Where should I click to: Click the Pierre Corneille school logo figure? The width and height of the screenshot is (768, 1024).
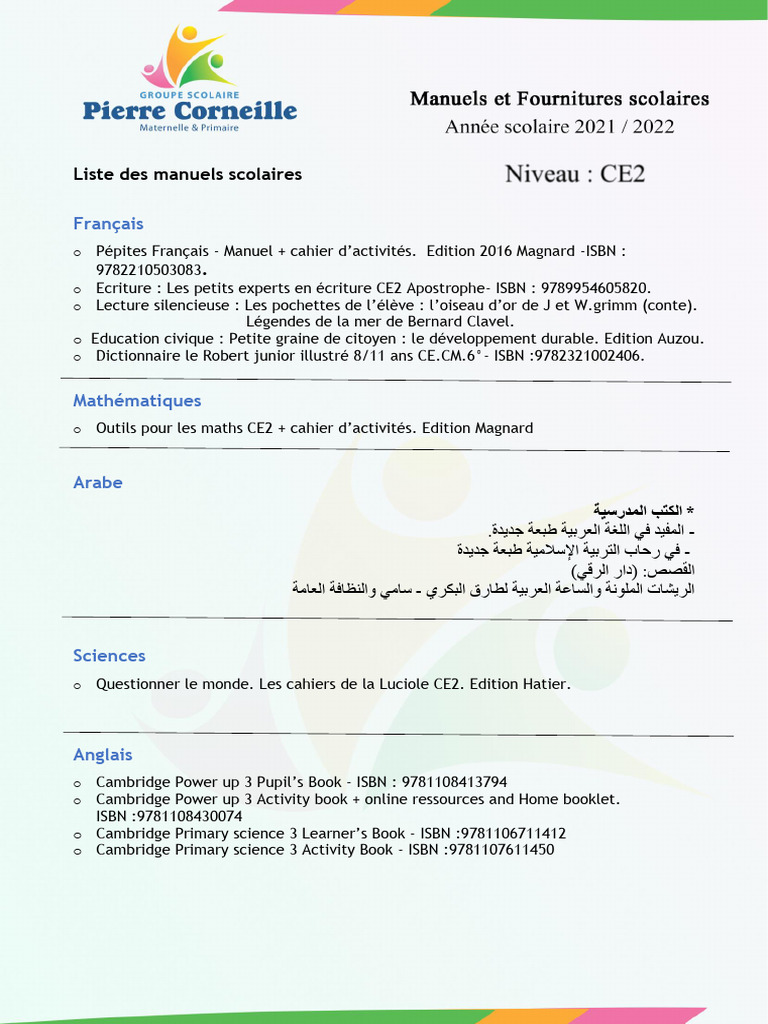[189, 58]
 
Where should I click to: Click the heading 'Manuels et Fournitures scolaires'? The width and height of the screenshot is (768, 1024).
[559, 99]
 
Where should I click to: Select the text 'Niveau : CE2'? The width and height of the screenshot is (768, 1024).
[574, 174]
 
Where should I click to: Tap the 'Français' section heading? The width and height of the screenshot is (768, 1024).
[108, 223]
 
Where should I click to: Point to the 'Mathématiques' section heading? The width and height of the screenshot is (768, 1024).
[137, 400]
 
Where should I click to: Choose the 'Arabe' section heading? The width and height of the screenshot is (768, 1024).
[98, 482]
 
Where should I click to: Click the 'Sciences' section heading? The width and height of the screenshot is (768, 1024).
[109, 655]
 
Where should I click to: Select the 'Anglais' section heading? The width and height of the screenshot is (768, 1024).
[102, 754]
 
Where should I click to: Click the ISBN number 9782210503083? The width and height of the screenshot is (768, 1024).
[150, 270]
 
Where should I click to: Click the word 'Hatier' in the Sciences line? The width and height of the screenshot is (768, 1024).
[546, 684]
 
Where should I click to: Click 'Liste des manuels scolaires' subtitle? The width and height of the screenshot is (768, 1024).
[187, 174]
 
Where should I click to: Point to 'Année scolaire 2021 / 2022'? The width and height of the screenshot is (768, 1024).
[559, 127]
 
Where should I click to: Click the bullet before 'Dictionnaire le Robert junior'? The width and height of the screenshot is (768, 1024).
[77, 357]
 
